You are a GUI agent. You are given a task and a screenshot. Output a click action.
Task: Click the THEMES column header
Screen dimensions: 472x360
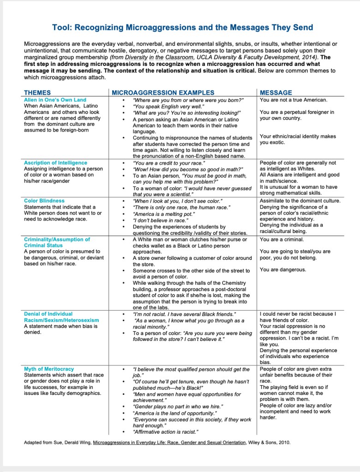click(x=37, y=93)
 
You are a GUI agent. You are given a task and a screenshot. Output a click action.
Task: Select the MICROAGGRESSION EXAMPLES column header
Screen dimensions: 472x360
click(x=163, y=93)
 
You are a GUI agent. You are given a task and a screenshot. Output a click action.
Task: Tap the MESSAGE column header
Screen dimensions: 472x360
click(x=276, y=93)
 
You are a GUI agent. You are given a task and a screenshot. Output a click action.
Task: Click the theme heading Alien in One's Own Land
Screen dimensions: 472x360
click(x=55, y=100)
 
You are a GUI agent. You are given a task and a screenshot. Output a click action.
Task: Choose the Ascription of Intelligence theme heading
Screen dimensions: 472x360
click(x=55, y=163)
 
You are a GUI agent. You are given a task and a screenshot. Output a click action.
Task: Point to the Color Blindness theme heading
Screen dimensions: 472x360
click(x=44, y=201)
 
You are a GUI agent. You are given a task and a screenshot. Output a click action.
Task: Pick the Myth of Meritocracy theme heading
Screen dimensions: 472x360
click(x=49, y=369)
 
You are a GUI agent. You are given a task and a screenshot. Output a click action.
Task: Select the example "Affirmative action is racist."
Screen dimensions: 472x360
click(x=166, y=432)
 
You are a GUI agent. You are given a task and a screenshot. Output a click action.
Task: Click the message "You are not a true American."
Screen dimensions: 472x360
click(x=294, y=100)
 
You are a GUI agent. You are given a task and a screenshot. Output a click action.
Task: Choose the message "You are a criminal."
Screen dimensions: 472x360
click(x=282, y=239)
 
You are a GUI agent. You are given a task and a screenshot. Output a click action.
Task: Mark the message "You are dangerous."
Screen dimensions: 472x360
click(x=282, y=270)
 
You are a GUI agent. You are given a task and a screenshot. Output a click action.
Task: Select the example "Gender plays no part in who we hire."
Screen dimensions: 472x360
click(x=178, y=406)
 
